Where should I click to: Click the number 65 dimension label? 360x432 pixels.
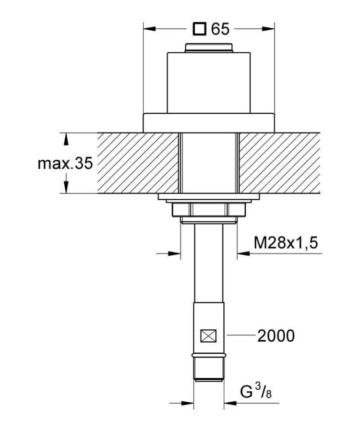(x=220, y=29)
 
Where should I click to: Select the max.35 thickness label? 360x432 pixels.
(x=65, y=163)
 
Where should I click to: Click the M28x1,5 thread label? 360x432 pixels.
(x=286, y=243)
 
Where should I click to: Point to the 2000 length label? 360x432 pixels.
(x=276, y=336)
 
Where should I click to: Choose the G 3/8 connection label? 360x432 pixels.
(x=256, y=392)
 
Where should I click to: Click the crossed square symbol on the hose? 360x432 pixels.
(x=208, y=336)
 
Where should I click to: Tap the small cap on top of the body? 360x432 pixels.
(x=209, y=48)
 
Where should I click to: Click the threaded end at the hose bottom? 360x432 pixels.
(x=209, y=369)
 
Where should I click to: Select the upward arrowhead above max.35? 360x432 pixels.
(x=66, y=139)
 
